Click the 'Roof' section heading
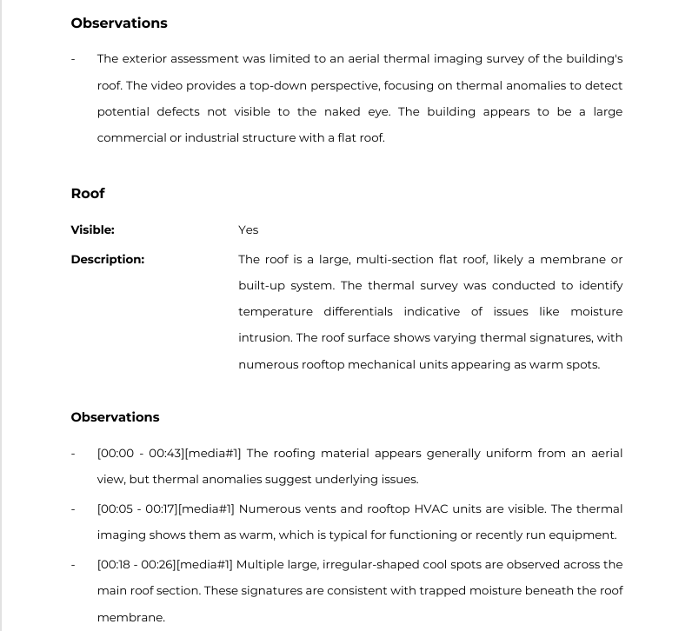(88, 193)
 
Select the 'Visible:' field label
(92, 229)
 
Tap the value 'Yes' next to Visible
(249, 229)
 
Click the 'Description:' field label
(108, 259)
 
